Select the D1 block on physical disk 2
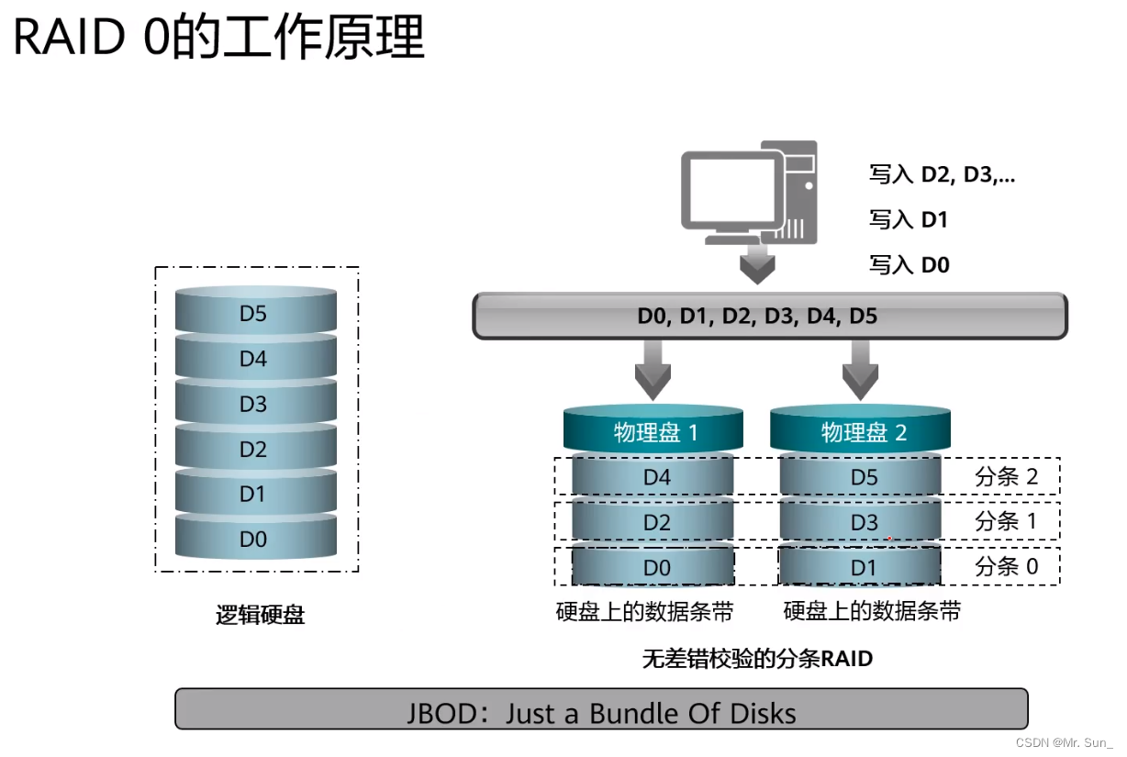point(862,568)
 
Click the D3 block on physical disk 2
point(862,523)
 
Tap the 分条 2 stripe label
point(1006,476)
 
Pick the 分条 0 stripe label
point(1006,566)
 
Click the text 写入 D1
point(909,220)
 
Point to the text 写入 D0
point(909,265)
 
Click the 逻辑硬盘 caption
point(260,615)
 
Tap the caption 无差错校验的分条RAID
point(757,659)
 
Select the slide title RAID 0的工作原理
point(219,39)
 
